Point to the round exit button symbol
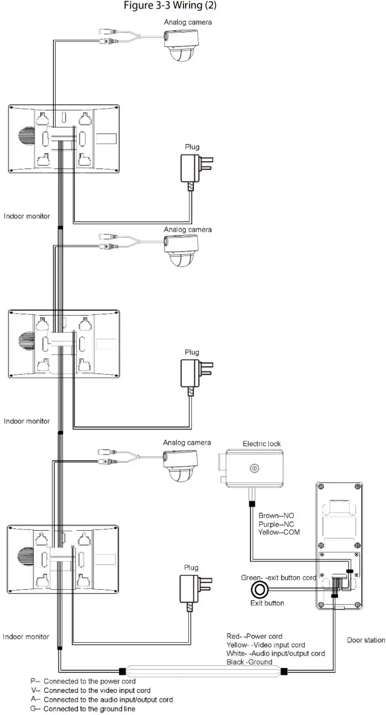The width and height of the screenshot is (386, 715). [258, 590]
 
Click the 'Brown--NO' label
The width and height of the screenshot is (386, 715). [277, 516]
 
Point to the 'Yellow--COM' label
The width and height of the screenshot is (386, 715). [279, 532]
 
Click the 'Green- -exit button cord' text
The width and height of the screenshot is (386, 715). [278, 578]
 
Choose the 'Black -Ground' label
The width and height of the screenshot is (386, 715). [249, 662]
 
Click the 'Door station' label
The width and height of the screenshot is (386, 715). [366, 641]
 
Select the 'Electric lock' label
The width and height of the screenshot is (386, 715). [262, 444]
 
